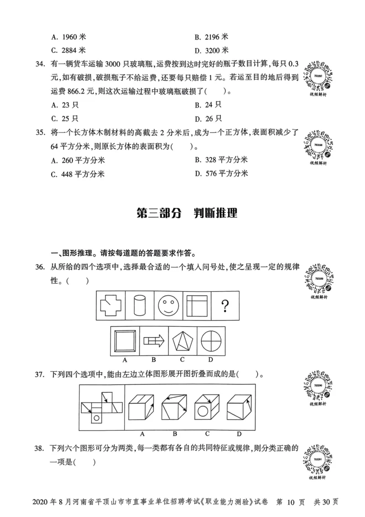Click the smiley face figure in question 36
pyautogui.click(x=168, y=306)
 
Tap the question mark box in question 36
pyautogui.click(x=224, y=306)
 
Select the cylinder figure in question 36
pyautogui.click(x=139, y=306)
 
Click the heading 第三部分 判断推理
pyautogui.click(x=187, y=213)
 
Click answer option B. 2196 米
pyautogui.click(x=211, y=36)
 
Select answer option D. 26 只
pyautogui.click(x=208, y=119)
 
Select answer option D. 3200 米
pyautogui.click(x=211, y=50)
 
